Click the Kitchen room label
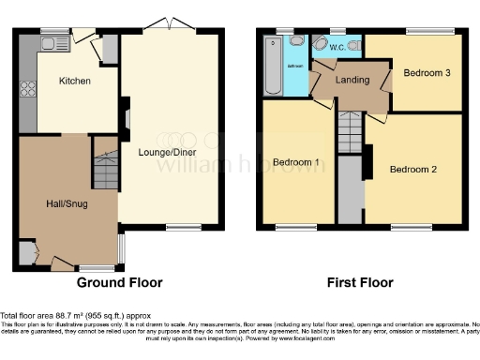point(75,82)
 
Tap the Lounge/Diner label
point(169,146)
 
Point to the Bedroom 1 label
point(296,162)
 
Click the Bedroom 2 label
point(413,170)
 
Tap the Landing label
point(352,81)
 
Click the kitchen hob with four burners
point(26,91)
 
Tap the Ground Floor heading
point(119,282)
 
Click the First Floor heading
point(359,282)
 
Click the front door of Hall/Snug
point(61,264)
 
